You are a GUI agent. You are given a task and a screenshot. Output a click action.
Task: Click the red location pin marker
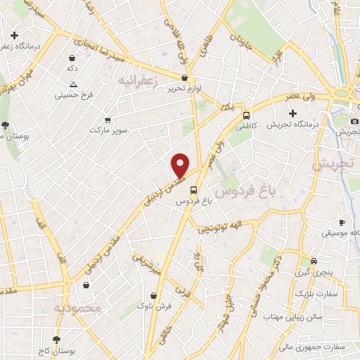(x=181, y=165)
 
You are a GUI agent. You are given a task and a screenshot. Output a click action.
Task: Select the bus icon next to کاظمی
(x=247, y=115)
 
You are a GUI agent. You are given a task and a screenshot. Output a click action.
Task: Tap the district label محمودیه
(x=78, y=307)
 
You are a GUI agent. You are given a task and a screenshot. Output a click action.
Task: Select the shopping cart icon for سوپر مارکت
(x=108, y=120)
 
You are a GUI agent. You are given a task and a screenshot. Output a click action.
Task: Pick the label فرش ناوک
(x=153, y=306)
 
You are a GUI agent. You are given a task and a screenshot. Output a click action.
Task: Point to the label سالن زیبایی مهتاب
(x=292, y=317)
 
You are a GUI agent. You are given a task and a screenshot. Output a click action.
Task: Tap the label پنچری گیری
(x=311, y=271)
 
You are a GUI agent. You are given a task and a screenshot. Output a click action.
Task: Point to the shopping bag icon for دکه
(x=73, y=58)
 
